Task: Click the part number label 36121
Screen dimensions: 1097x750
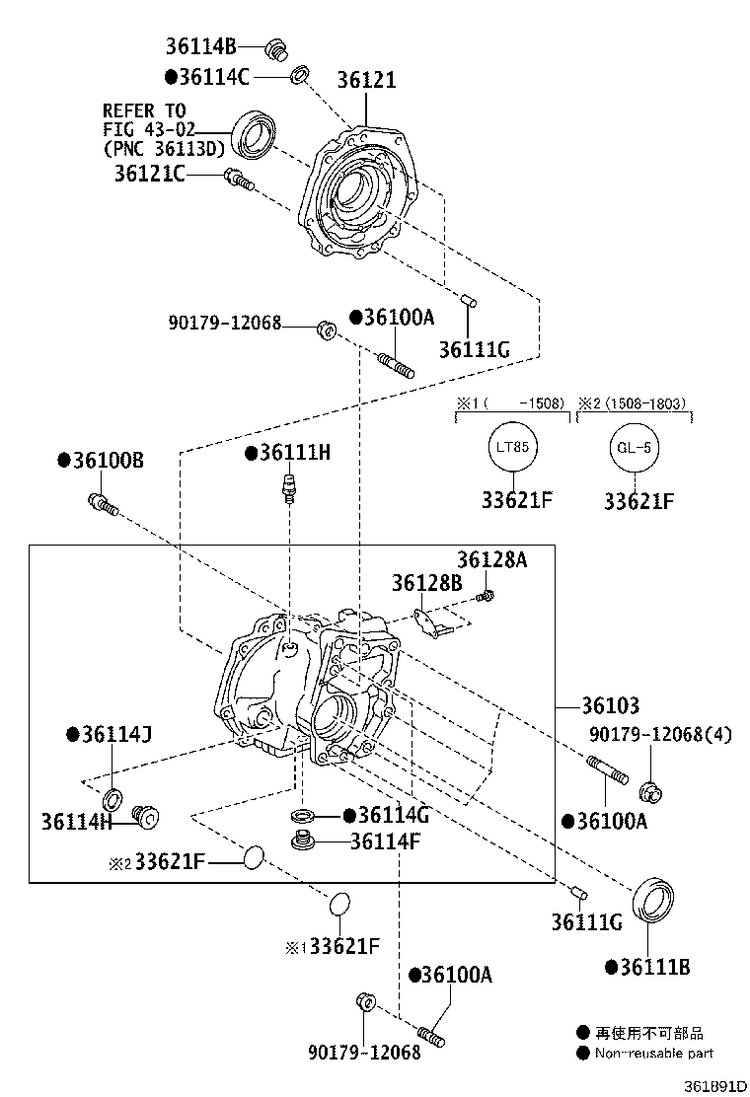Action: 366,80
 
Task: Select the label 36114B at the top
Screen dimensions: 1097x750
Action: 201,45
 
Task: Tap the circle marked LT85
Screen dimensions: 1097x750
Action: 512,447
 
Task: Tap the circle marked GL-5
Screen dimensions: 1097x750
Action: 634,447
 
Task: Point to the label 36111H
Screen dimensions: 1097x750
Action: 294,453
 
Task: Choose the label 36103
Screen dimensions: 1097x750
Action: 610,706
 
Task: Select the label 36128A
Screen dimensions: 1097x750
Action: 491,560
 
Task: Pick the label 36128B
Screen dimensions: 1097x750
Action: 426,583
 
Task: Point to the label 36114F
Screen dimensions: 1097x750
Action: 385,841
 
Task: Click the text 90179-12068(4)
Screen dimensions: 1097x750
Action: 660,735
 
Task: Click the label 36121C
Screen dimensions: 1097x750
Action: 149,174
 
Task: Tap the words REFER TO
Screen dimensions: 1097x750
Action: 144,110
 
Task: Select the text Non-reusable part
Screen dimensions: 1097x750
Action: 652,1054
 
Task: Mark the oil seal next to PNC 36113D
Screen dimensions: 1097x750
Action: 254,134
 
